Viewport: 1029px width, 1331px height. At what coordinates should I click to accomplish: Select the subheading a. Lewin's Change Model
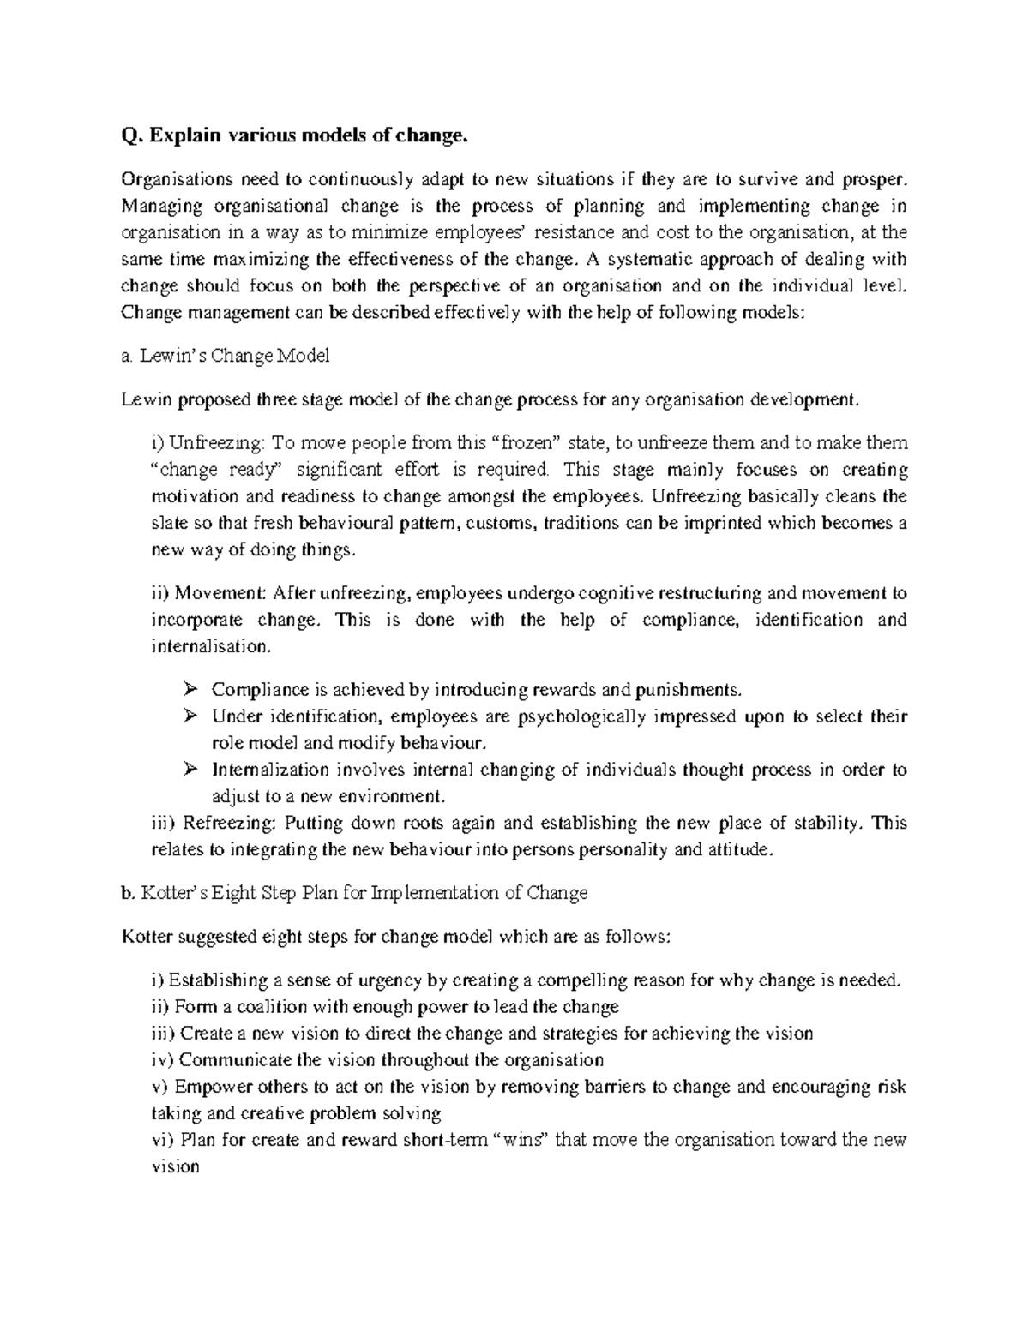(x=226, y=356)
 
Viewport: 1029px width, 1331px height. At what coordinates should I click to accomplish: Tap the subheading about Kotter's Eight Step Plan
(x=355, y=893)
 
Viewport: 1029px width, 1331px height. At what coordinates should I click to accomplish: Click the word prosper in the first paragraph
(x=872, y=180)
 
